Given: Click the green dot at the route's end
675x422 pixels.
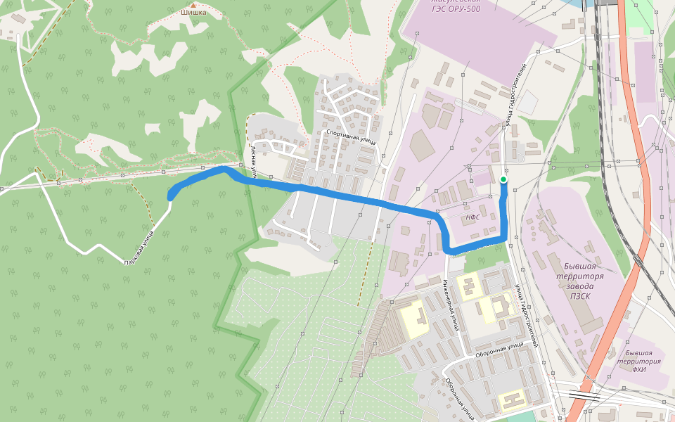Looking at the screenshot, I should pos(503,180).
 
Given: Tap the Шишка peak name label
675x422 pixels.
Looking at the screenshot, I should pos(193,12).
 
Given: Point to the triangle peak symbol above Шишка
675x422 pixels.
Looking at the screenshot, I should pos(193,4).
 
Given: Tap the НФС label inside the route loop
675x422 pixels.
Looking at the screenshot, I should pos(473,217).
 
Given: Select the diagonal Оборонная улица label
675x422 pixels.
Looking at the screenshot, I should pos(458,396).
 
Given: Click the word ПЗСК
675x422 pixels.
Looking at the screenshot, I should pos(580,296).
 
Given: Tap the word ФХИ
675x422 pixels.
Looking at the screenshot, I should pos(638,369).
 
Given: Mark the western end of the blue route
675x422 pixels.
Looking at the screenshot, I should pos(171,196).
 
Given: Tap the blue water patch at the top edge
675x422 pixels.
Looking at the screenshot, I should pos(586,3).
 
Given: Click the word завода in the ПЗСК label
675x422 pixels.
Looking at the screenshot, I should pos(580,286).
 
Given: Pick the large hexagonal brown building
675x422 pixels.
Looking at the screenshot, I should pos(421,145).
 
